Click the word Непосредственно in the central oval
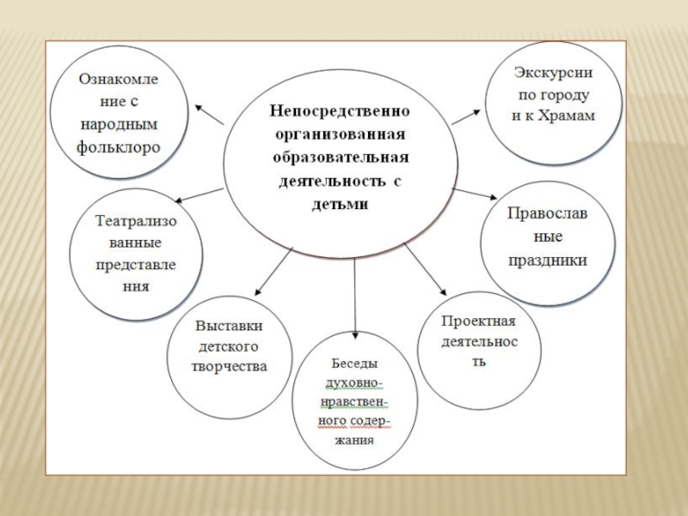[338, 111]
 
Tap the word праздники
[547, 259]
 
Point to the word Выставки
[229, 327]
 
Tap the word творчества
[229, 366]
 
